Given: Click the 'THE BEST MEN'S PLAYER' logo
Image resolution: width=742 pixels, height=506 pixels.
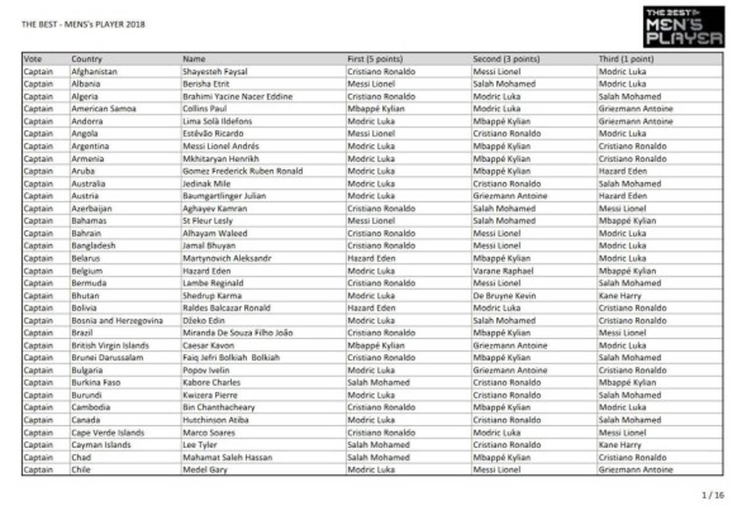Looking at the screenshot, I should pos(683,27).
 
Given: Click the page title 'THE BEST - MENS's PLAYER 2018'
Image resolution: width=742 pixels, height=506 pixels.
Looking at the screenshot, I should pos(83,25).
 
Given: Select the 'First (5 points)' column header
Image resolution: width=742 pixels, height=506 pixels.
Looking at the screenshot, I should pos(375,59).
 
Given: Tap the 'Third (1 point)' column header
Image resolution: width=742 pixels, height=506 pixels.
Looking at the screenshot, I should pos(626,59).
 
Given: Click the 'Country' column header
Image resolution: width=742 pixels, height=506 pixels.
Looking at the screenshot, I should pos(87,59).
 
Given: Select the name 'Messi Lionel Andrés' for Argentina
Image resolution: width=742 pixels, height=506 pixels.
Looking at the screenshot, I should pos(221,146).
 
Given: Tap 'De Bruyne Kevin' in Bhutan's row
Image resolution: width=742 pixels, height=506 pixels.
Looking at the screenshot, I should pos(505,296).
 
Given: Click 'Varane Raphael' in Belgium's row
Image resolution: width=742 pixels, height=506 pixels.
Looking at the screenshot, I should pos(503,271).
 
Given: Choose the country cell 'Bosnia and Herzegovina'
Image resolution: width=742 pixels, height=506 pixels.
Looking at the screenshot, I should pos(117,321).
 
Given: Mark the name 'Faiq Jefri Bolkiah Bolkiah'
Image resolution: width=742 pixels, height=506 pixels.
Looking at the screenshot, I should pos(231,358).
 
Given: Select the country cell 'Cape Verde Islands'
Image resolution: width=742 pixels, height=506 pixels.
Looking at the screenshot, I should pos(108,432).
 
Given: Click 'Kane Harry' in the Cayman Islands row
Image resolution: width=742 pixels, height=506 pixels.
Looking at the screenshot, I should pos(620,445).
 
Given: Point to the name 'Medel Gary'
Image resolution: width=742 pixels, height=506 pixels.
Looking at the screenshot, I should pos(205,470).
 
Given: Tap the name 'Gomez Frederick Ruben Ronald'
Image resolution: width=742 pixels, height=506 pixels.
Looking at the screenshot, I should pos(242,171).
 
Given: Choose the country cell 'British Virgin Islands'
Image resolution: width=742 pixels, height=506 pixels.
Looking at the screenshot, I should pos(110,345).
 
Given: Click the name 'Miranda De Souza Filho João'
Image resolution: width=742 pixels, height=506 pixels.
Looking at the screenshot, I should pos(237,333).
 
